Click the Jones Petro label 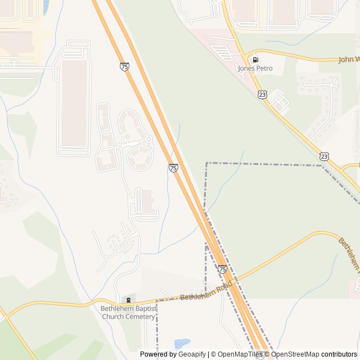coord(255,69)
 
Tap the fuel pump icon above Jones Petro coord(255,59)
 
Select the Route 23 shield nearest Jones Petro coord(262,95)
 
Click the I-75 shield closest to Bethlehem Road coord(223,270)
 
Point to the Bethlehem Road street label coord(206,290)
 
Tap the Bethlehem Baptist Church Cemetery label coord(128,312)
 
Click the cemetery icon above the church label coord(128,299)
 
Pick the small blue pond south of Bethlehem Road coord(182,343)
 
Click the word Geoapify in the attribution coord(192,354)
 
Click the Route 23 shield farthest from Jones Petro coord(324,156)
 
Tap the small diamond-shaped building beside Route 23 coord(280,103)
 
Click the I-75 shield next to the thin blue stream coord(173,168)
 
